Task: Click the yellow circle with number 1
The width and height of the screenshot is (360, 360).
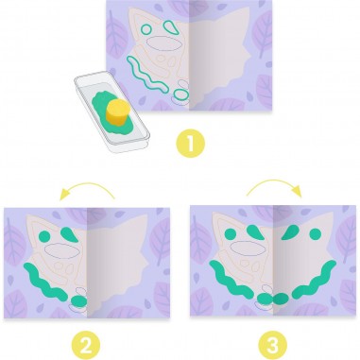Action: tap(190, 144)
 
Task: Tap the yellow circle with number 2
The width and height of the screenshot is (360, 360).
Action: tap(86, 346)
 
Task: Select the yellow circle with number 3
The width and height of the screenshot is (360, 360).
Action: tap(273, 346)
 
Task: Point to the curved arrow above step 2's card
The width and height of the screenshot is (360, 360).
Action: tap(87, 184)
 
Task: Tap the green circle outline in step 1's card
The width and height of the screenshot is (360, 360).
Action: tap(146, 29)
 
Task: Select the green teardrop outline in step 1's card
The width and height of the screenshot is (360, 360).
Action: tap(172, 26)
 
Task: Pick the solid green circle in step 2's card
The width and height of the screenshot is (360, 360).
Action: tap(44, 236)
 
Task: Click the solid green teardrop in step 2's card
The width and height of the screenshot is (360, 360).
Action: tap(69, 234)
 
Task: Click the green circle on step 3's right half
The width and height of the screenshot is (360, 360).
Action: tap(316, 233)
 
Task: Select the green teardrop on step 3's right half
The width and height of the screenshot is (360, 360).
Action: tap(290, 232)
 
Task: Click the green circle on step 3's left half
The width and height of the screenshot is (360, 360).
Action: tap(231, 233)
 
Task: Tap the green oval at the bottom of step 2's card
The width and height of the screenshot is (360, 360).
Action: tap(78, 301)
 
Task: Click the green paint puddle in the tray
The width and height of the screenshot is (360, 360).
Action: tap(111, 112)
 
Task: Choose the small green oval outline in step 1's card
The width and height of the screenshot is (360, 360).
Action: tap(180, 94)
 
